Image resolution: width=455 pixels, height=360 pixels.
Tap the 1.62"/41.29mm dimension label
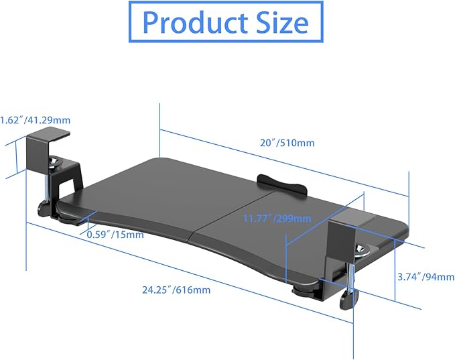36,121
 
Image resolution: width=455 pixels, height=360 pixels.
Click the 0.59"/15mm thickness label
115,234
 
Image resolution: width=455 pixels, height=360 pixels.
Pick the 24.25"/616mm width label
176,290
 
